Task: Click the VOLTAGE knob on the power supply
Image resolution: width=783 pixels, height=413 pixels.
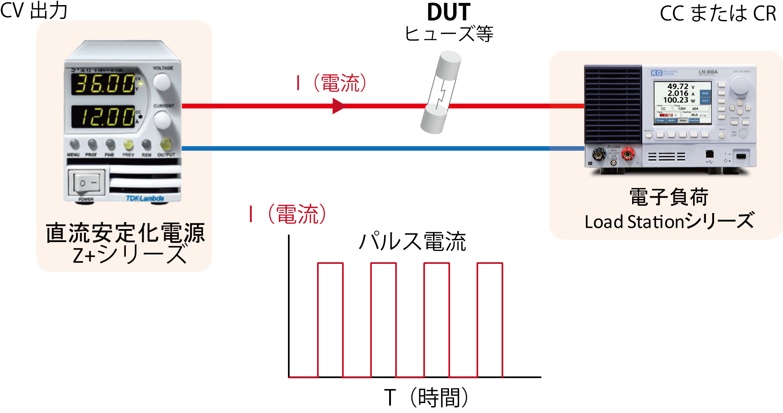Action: click(x=162, y=82)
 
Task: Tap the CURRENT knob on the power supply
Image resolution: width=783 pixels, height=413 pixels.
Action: click(x=162, y=120)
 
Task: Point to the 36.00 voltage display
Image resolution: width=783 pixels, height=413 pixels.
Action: click(x=104, y=84)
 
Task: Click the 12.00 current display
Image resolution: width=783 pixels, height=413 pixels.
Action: click(x=104, y=116)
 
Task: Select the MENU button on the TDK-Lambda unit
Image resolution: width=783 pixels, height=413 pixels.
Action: click(x=74, y=144)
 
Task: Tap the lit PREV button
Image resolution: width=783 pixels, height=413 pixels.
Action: click(x=128, y=145)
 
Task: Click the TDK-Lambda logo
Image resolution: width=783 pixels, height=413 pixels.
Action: click(x=145, y=198)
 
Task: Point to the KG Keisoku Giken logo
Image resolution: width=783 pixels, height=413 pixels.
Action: click(x=664, y=73)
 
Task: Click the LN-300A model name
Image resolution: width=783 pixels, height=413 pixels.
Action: click(x=708, y=72)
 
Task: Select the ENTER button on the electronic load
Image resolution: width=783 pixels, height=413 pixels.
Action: click(x=746, y=123)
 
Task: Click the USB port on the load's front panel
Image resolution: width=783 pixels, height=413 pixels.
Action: click(x=710, y=154)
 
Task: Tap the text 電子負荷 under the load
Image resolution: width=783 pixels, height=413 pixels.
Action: click(x=669, y=197)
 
